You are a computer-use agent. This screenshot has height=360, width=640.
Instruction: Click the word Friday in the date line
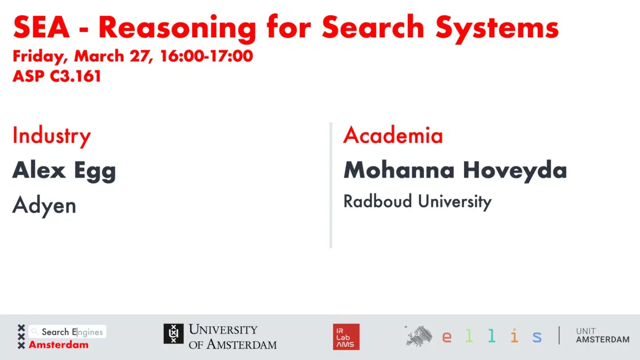click(39, 56)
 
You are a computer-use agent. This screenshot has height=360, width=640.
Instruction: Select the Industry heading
click(52, 136)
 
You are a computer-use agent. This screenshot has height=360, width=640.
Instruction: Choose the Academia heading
click(393, 135)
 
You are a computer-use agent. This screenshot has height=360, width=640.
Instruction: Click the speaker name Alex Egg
click(64, 171)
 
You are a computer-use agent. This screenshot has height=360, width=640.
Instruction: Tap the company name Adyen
click(44, 205)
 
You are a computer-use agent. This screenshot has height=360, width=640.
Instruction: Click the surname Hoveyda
click(515, 171)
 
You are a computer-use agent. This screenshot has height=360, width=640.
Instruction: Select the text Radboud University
click(417, 202)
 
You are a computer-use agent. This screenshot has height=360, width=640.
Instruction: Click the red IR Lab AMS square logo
click(346, 337)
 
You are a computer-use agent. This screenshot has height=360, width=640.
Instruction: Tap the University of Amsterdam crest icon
click(174, 334)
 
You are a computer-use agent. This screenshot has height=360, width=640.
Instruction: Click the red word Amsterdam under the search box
click(59, 345)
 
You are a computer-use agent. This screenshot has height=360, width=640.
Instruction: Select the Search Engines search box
click(68, 332)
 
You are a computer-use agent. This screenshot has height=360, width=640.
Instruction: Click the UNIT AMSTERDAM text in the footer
click(603, 335)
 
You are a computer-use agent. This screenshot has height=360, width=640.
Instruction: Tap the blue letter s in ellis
click(537, 337)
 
